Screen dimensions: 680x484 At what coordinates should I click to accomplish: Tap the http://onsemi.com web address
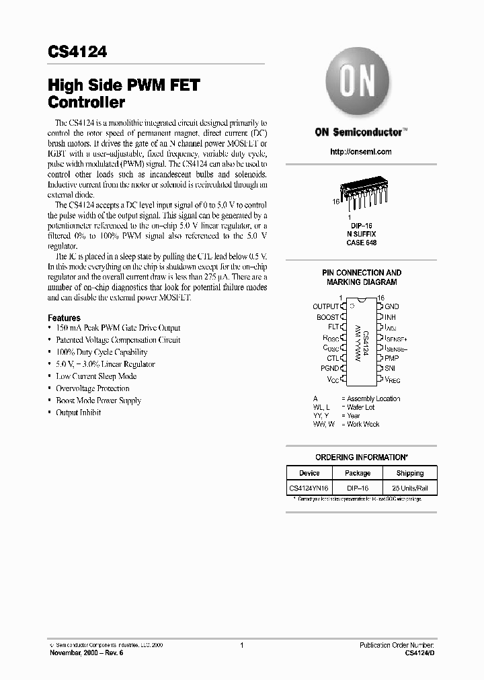(360, 152)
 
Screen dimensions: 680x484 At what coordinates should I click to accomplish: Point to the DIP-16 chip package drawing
(361, 195)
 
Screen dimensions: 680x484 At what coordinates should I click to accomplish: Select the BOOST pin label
(328, 316)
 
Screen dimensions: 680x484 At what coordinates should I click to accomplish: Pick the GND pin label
(391, 306)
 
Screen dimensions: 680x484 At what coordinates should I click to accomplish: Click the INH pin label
(390, 316)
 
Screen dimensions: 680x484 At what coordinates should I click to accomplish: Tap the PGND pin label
(329, 368)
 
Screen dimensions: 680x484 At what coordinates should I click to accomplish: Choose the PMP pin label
(391, 358)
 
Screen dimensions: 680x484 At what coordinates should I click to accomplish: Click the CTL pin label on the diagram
(332, 358)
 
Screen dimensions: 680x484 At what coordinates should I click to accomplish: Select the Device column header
(309, 473)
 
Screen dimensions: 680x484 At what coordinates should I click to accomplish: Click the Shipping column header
(409, 473)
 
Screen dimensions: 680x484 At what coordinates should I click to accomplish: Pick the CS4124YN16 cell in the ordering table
(309, 486)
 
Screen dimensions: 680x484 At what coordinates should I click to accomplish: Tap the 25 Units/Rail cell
(409, 486)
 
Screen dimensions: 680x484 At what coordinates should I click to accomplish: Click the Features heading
(64, 318)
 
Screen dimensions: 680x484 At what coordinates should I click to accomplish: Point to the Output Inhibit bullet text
(78, 413)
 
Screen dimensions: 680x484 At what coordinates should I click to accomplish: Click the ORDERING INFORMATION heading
(362, 457)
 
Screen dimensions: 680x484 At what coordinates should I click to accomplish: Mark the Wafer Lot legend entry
(360, 407)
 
